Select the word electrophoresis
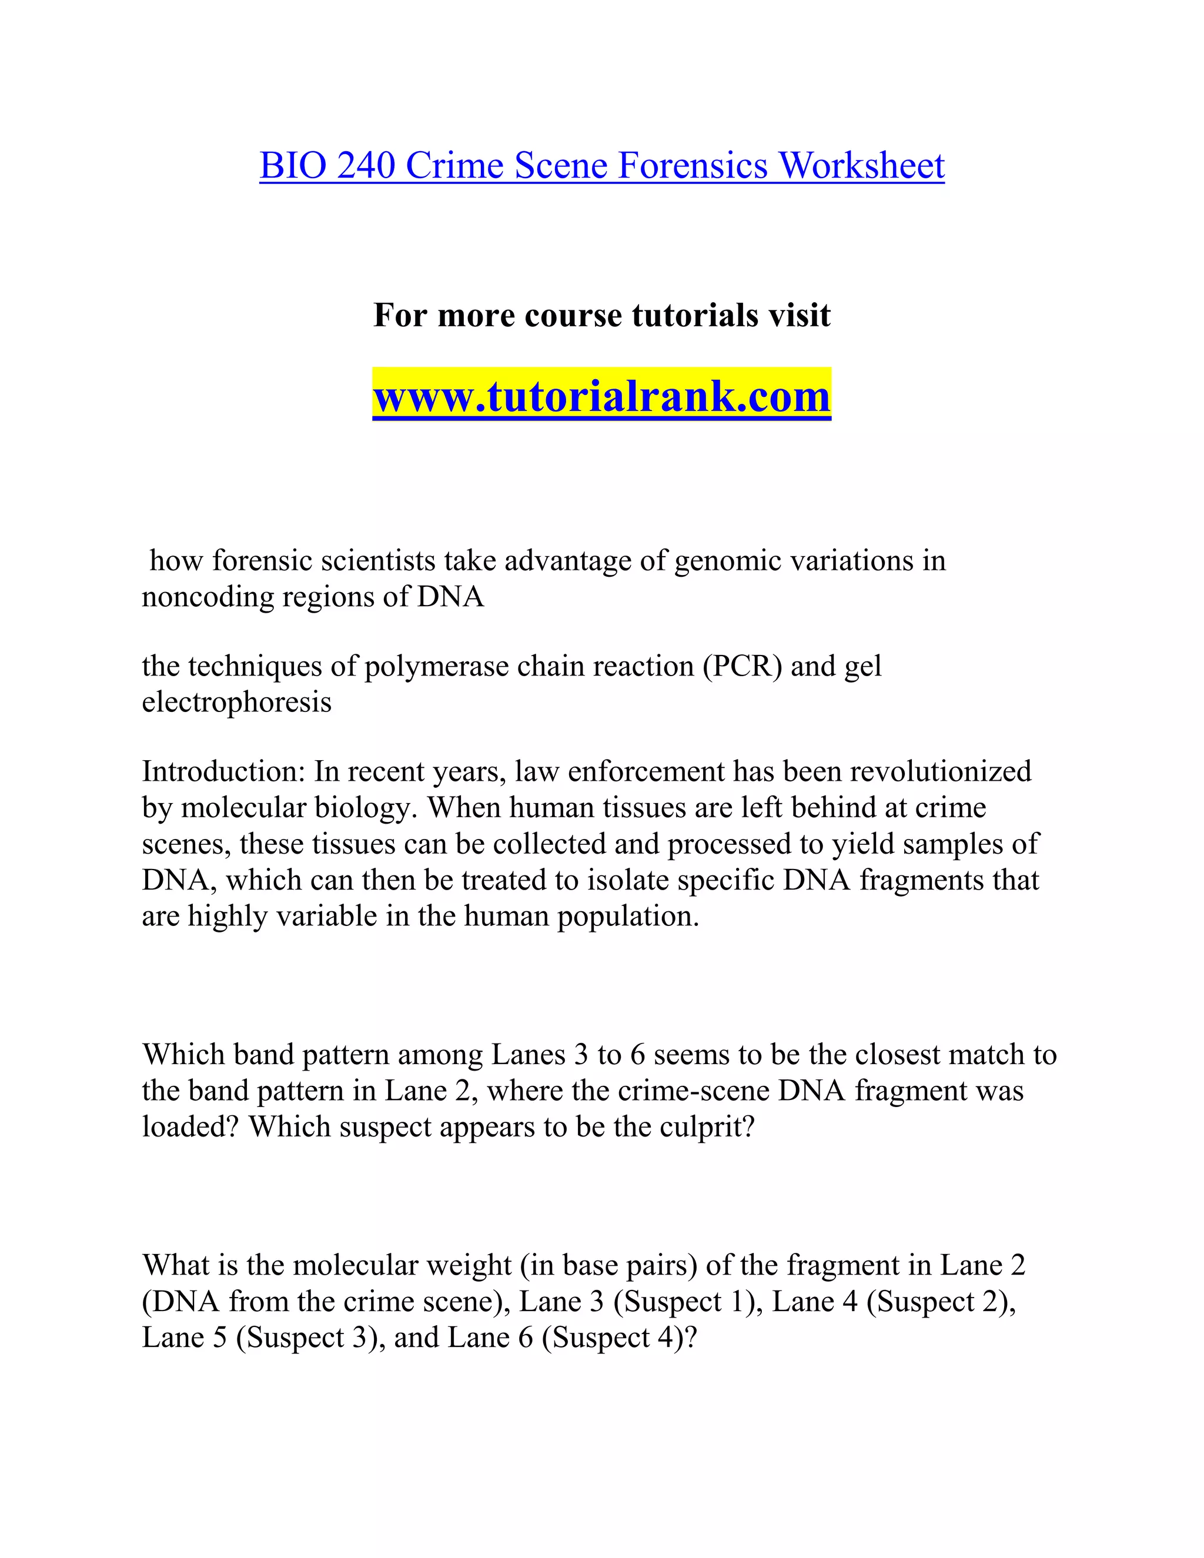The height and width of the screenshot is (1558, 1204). (x=237, y=702)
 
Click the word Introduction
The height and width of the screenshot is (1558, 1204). (x=224, y=772)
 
